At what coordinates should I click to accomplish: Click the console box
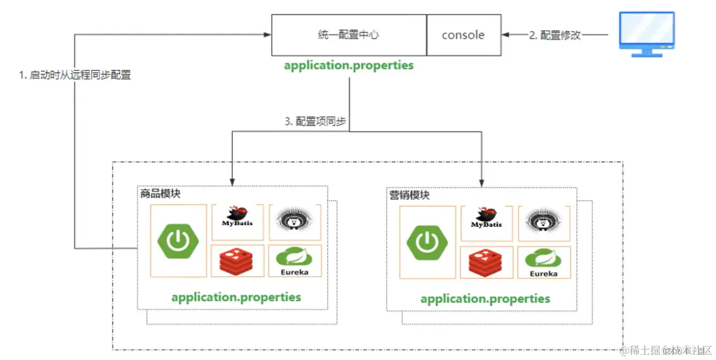point(463,35)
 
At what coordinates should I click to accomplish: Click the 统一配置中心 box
point(349,35)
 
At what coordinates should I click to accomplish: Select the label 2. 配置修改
point(555,35)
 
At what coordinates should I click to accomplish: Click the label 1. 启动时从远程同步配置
point(75,75)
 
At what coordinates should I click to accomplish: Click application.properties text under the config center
point(348,65)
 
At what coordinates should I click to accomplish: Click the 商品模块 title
point(160,193)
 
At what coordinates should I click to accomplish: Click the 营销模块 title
point(409,194)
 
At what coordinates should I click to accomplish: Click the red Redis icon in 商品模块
point(237,261)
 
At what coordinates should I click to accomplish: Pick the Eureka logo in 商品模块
point(295,261)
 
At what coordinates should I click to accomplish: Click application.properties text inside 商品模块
point(236,297)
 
